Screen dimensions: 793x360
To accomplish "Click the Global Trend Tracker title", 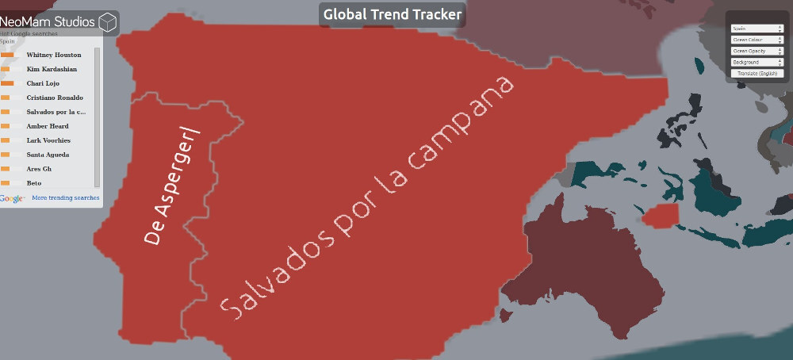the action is [x=393, y=14].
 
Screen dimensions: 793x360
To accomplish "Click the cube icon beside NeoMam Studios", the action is [x=108, y=21].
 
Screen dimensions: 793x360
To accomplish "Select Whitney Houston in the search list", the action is [x=54, y=55].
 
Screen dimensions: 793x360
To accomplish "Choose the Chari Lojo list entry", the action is [x=43, y=83].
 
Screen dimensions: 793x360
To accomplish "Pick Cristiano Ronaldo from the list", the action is [x=55, y=98].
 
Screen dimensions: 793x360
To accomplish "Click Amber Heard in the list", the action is [x=48, y=126].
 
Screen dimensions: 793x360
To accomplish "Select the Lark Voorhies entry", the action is [x=48, y=140].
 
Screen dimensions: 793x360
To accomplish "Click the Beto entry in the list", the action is [x=34, y=183].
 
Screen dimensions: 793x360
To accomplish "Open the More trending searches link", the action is [x=66, y=197].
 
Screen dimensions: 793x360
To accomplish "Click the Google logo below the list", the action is [x=13, y=198].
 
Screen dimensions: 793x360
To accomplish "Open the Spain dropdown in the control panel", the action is [x=757, y=29].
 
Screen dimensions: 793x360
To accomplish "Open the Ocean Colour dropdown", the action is [x=757, y=40].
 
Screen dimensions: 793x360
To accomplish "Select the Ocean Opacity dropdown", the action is [x=757, y=51].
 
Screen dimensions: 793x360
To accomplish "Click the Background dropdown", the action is [x=757, y=62].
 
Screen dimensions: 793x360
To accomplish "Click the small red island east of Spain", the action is [x=661, y=215].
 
